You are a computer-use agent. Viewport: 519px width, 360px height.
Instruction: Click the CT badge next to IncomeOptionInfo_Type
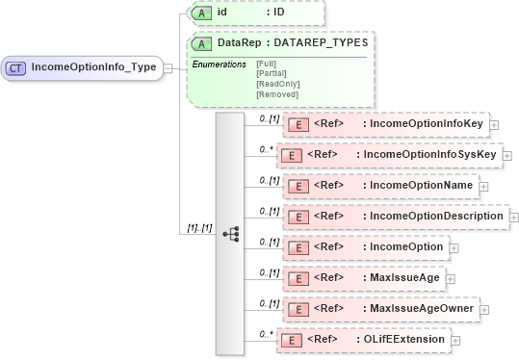(x=17, y=67)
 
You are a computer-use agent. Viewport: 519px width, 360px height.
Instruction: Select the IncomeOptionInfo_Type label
(x=93, y=67)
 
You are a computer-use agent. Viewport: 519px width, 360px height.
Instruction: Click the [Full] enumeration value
(x=266, y=64)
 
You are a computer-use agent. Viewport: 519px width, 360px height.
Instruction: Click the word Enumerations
(x=220, y=64)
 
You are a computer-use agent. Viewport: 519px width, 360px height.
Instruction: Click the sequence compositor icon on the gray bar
(x=231, y=234)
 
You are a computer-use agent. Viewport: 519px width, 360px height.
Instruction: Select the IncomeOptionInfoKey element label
(x=426, y=124)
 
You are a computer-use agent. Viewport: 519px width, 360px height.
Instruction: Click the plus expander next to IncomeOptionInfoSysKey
(x=507, y=155)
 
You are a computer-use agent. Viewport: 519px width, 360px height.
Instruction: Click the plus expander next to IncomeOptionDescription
(x=513, y=217)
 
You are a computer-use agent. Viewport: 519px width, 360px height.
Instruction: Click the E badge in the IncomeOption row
(x=298, y=247)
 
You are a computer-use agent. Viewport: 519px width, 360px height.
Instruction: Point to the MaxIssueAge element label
(x=405, y=278)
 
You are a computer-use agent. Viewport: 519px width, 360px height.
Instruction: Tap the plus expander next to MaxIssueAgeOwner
(x=484, y=309)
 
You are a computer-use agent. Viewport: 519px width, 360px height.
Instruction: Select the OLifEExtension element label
(x=403, y=340)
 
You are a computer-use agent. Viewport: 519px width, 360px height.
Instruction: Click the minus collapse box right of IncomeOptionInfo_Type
(x=168, y=67)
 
